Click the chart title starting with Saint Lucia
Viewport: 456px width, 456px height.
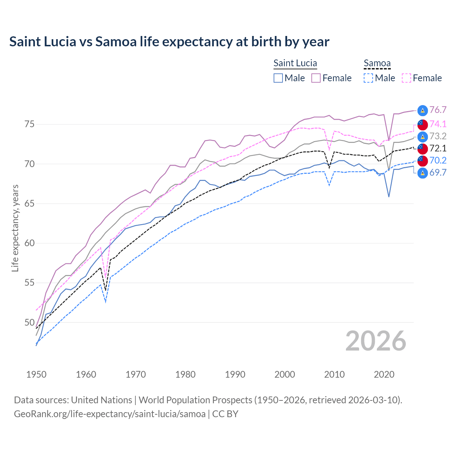(x=169, y=42)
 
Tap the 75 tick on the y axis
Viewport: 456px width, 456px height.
(x=29, y=124)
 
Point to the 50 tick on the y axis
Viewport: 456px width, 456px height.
(x=29, y=322)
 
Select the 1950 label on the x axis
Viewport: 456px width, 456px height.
(x=36, y=374)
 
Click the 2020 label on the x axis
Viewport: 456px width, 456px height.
(x=384, y=374)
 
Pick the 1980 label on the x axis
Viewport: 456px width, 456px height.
(x=185, y=374)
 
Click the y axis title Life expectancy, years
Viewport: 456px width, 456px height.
(x=15, y=228)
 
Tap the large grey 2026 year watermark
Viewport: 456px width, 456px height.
(x=375, y=341)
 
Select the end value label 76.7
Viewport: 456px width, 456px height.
(x=438, y=110)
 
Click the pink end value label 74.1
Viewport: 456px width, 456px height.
(x=438, y=124)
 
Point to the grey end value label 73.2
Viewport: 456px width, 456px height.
(x=438, y=136)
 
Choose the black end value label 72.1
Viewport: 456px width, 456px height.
(x=438, y=148)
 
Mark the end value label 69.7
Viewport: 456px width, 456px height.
(x=438, y=173)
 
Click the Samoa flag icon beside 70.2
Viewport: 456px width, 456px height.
(x=422, y=161)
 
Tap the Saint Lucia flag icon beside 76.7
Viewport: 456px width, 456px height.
(x=422, y=110)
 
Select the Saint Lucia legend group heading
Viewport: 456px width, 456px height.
(x=295, y=63)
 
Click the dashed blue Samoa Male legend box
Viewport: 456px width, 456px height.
(x=368, y=78)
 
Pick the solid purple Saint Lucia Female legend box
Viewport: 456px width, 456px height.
(x=316, y=78)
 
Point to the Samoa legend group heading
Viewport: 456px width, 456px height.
(x=377, y=63)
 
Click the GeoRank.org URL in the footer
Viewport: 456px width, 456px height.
(x=110, y=414)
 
